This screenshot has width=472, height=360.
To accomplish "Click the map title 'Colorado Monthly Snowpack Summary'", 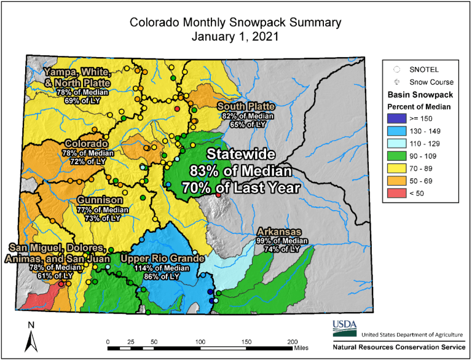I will click(x=235, y=23).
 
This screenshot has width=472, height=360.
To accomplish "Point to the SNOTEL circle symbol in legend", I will click(x=397, y=69).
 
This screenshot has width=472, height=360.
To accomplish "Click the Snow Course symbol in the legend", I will click(x=397, y=82).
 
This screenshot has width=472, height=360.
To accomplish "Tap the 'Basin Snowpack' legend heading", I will click(x=420, y=95).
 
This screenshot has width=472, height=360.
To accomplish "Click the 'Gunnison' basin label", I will click(x=100, y=200).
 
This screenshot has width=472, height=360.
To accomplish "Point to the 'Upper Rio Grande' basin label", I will click(x=161, y=259).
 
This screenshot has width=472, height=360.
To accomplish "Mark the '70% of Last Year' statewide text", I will click(x=240, y=187).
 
